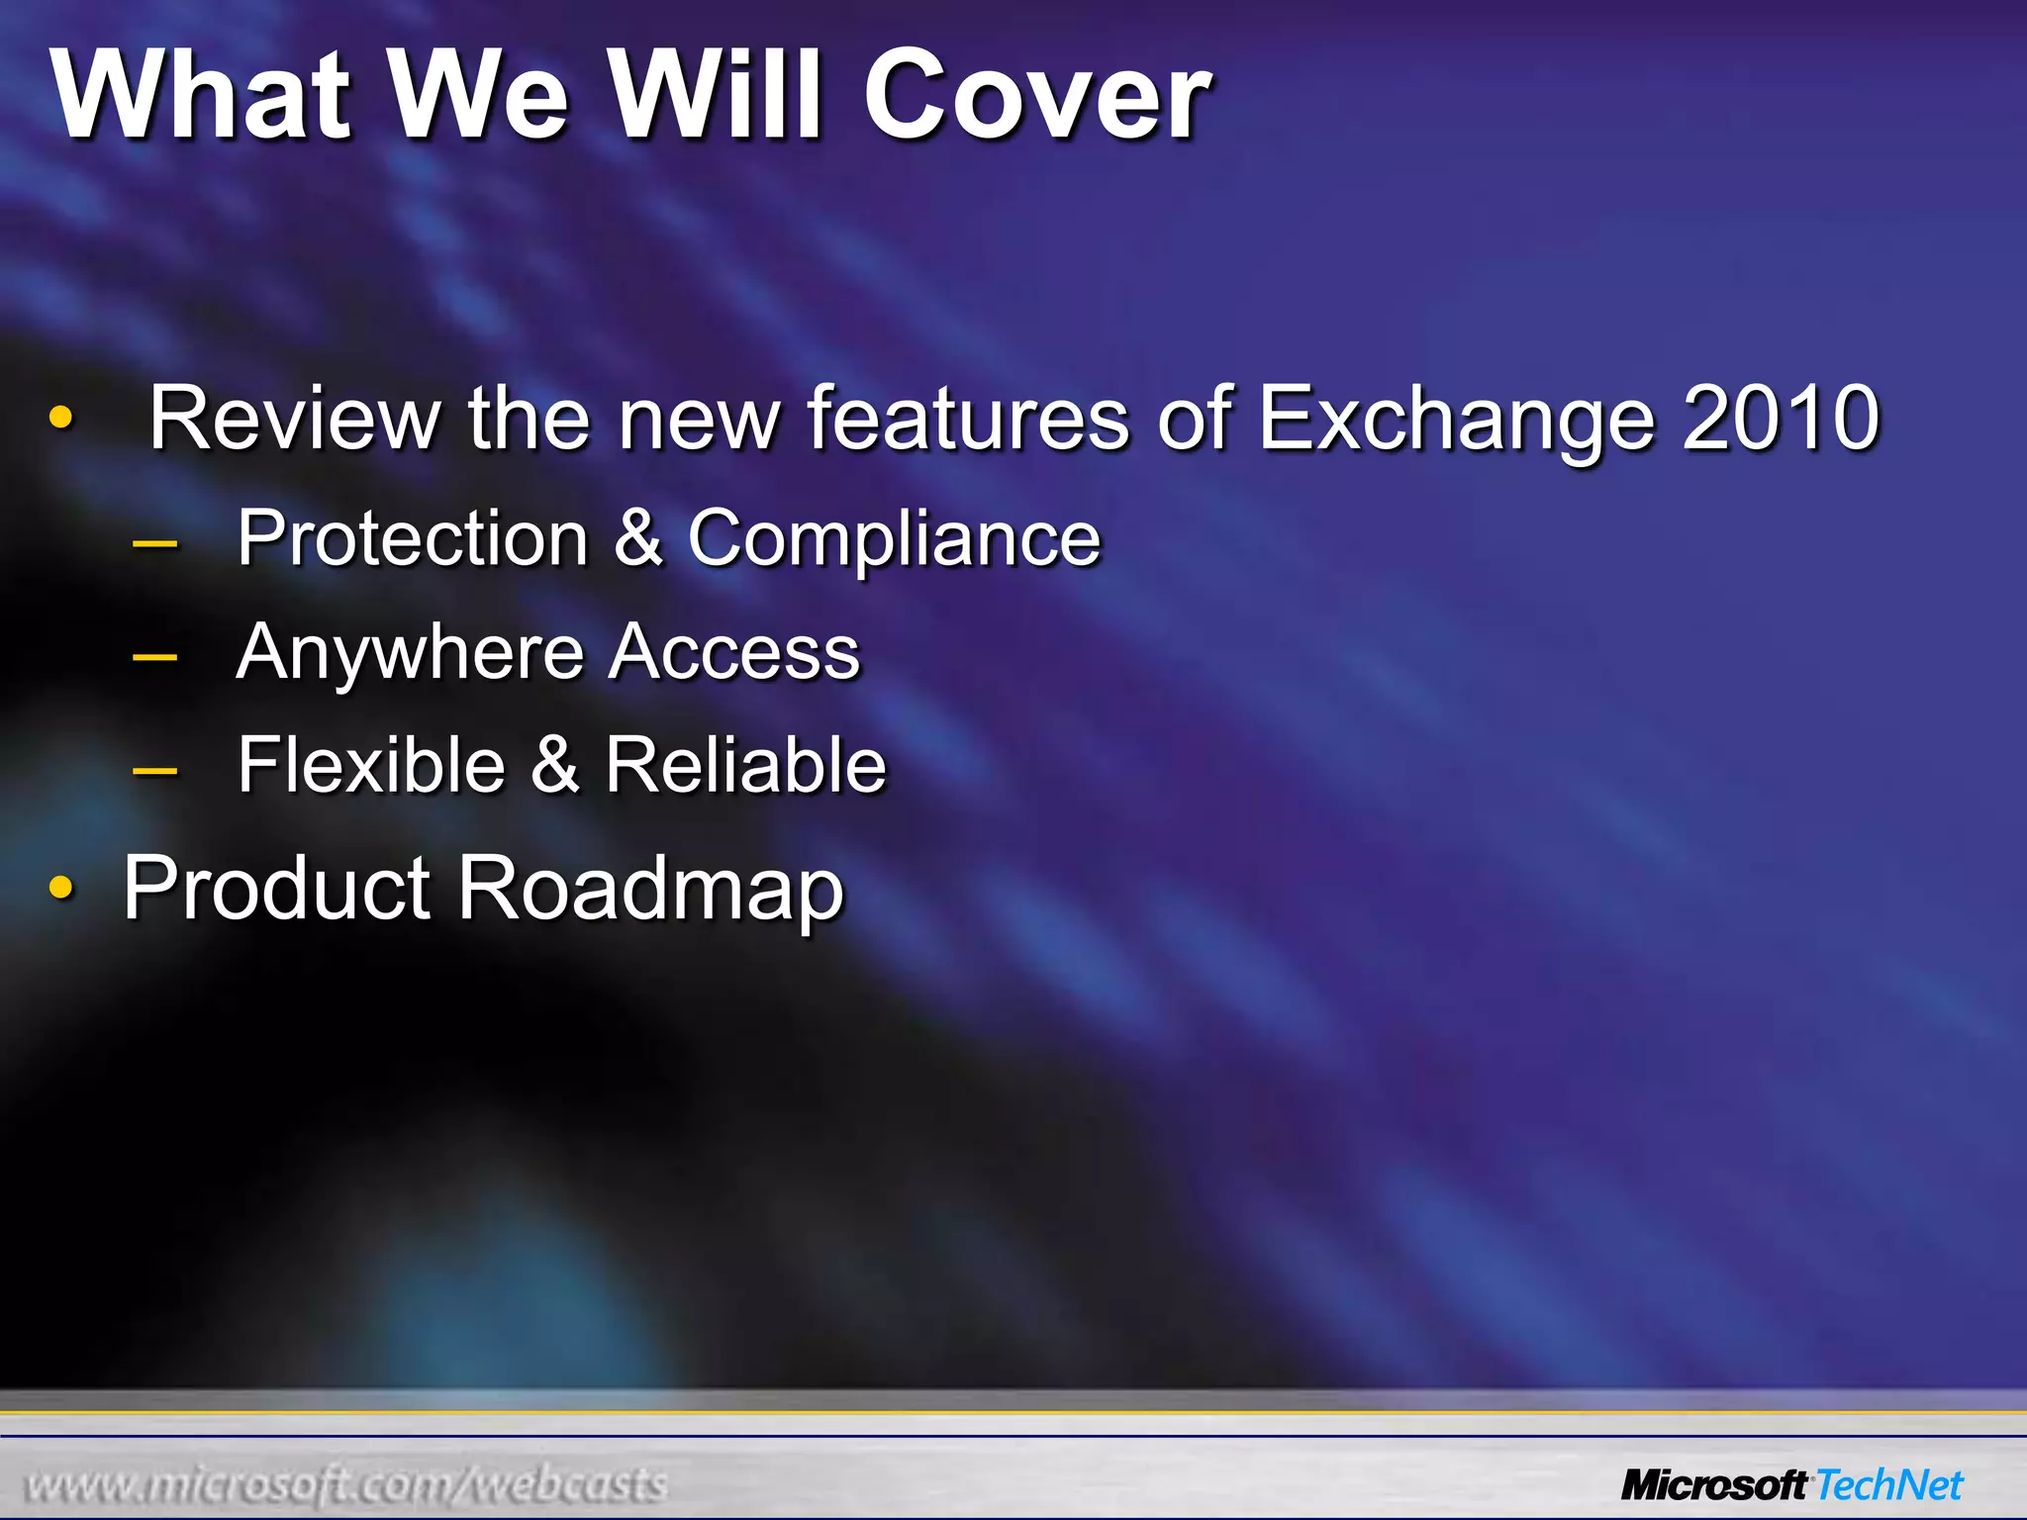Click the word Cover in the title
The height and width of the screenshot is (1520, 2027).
[1036, 96]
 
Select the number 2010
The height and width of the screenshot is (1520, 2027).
[1781, 419]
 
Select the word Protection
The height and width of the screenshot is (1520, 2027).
[413, 538]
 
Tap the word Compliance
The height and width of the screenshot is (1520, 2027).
[894, 540]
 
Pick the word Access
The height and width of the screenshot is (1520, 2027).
[733, 653]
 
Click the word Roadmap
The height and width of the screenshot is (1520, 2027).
[650, 890]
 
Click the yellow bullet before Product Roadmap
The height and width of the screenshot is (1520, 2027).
[61, 889]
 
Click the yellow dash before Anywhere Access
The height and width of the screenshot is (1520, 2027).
[154, 656]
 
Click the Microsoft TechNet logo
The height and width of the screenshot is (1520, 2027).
[1791, 1485]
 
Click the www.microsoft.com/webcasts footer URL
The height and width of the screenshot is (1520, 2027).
[345, 1484]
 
